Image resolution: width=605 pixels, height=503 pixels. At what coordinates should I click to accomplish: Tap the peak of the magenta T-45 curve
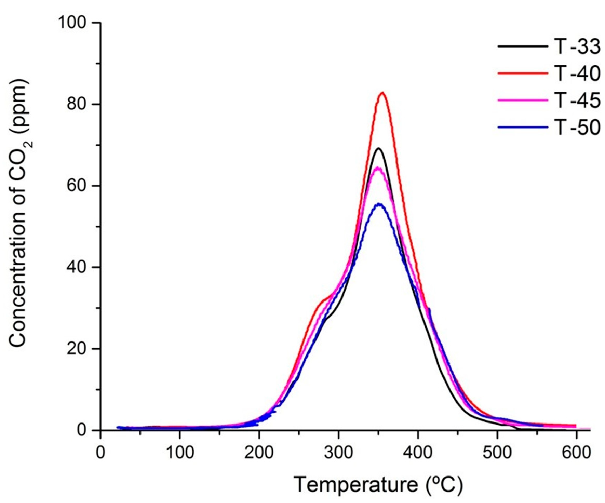(379, 168)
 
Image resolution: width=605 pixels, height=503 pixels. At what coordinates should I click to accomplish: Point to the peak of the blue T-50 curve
(380, 204)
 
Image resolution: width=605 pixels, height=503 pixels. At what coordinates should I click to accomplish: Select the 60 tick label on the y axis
(81, 186)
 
